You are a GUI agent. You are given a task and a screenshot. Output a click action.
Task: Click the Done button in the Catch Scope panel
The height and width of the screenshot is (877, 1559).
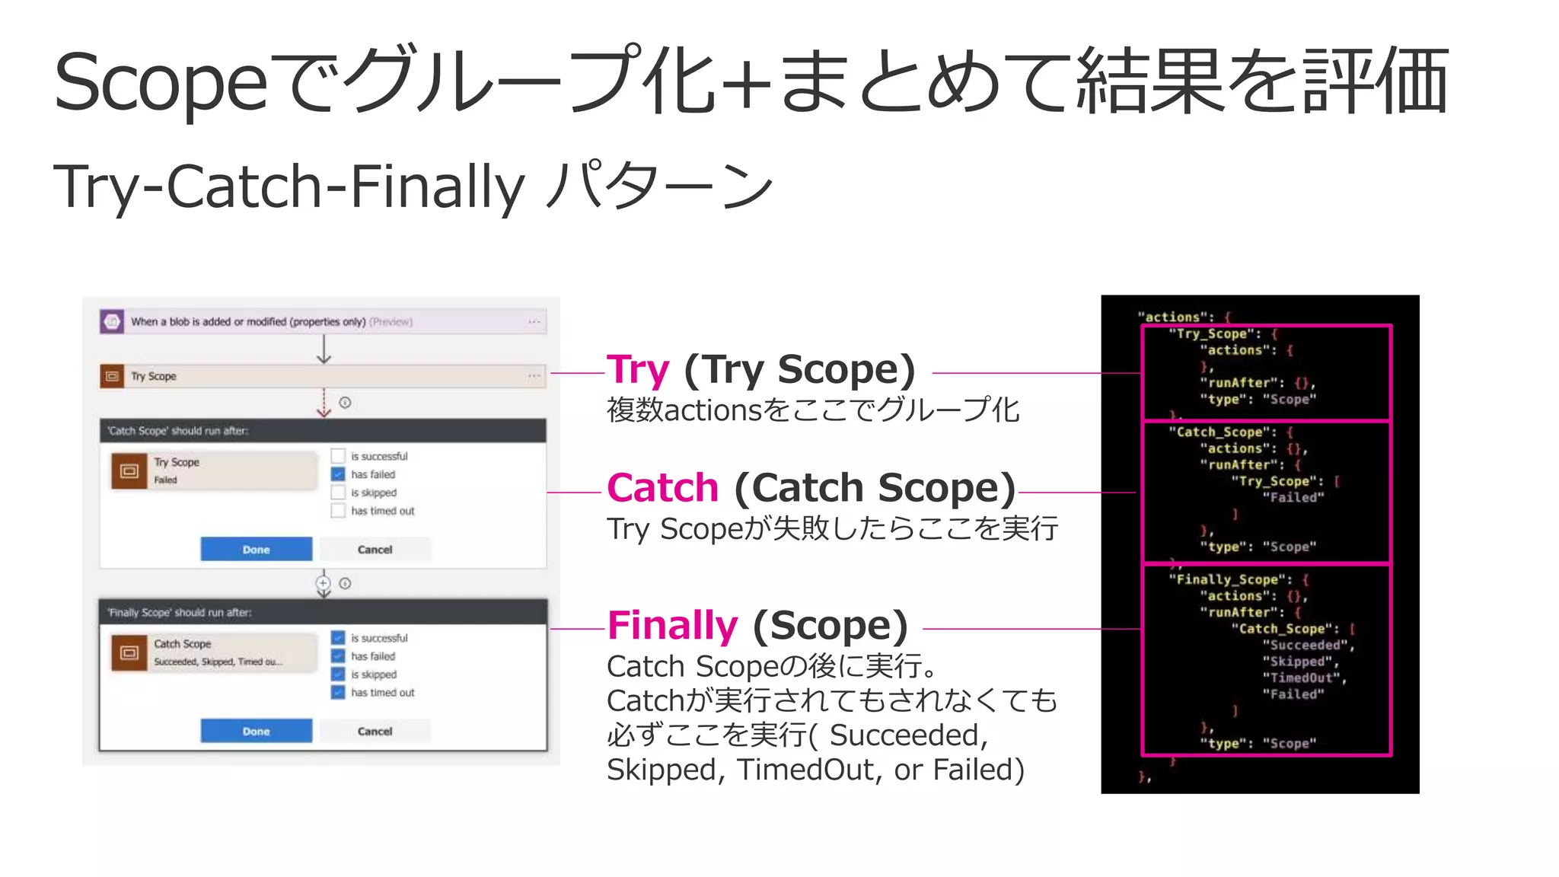click(256, 549)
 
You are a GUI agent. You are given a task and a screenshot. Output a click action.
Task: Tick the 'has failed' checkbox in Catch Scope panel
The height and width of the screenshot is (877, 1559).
click(338, 474)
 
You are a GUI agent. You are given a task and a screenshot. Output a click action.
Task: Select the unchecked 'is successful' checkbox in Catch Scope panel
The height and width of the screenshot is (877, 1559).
click(338, 456)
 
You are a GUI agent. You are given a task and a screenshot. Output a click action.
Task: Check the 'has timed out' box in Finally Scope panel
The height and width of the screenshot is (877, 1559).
click(338, 692)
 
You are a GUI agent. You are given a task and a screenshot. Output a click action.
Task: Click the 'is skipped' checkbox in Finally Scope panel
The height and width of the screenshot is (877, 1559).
click(338, 674)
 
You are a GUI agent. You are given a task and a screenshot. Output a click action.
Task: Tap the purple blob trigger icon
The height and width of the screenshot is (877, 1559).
click(112, 321)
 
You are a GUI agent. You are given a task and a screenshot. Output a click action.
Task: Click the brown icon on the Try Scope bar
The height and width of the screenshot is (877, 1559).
click(112, 376)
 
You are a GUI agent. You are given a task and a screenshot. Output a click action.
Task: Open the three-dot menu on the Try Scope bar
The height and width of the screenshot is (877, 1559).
click(534, 376)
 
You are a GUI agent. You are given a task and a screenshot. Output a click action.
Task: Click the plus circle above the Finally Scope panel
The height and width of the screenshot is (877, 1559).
click(324, 583)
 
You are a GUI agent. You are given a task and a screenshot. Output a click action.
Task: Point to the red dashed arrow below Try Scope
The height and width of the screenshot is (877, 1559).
click(324, 403)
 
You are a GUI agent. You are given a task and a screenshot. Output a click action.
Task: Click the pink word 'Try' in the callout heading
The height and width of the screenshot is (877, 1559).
click(638, 370)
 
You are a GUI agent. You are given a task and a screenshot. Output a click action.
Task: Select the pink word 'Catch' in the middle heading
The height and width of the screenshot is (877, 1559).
click(663, 488)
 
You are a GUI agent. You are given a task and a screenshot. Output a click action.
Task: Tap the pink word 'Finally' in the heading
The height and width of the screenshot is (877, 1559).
click(673, 626)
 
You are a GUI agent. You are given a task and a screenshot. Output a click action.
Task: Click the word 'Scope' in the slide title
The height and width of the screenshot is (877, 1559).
click(161, 82)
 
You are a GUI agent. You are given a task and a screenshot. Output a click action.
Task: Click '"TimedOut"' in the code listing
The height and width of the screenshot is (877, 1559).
click(1302, 678)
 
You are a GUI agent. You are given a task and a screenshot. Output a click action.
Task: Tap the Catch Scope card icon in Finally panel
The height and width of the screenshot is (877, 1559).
click(129, 653)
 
